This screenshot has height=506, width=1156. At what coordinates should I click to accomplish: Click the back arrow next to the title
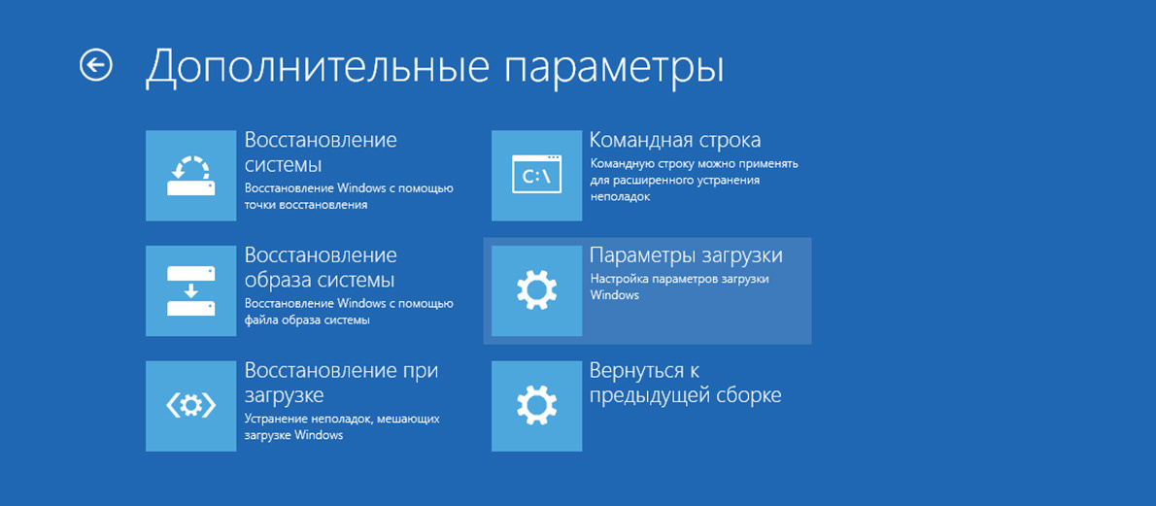[96, 65]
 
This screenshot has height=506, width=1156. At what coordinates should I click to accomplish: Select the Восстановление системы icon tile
[191, 176]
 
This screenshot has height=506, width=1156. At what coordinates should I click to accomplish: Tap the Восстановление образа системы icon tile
[191, 290]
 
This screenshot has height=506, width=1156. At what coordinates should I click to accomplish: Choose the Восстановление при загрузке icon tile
[191, 406]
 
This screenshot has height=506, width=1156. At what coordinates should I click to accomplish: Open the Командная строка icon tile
[536, 176]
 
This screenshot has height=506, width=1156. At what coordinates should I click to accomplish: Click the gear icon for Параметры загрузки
[536, 290]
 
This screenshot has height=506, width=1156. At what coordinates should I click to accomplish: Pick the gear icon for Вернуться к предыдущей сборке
[536, 406]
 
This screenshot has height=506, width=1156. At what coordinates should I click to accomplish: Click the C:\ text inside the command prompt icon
[536, 178]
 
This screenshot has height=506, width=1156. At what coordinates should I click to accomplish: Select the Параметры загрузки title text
[687, 256]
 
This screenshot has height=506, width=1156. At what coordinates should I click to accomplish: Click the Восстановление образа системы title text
[321, 268]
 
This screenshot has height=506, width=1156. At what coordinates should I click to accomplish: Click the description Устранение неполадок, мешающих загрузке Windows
[342, 427]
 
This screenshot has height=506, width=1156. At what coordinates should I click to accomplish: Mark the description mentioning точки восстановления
[349, 196]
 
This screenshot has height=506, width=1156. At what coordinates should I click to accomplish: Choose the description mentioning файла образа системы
[349, 311]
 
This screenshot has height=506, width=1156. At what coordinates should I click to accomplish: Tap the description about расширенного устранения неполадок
[694, 180]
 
